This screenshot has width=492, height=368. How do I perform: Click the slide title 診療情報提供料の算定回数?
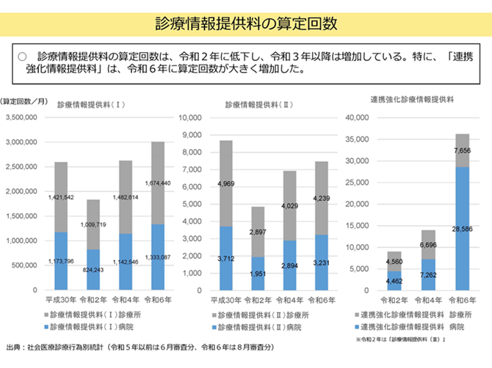(246, 23)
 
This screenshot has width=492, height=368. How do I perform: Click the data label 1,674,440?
(158, 183)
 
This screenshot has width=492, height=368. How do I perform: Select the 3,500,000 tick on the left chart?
(26, 117)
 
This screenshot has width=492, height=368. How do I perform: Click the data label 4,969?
(225, 183)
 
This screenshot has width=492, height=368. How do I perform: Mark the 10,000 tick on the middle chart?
(189, 117)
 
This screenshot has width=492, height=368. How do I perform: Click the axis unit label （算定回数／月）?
(24, 100)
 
